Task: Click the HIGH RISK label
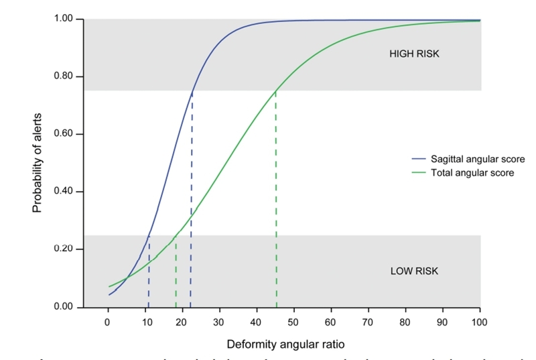pyautogui.click(x=414, y=54)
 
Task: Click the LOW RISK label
pyautogui.click(x=414, y=272)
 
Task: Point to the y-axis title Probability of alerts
pyautogui.click(x=38, y=162)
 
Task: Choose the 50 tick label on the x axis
pyautogui.click(x=293, y=322)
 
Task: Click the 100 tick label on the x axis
pyautogui.click(x=480, y=322)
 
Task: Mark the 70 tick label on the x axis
pyautogui.click(x=368, y=322)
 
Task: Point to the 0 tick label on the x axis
pyautogui.click(x=107, y=322)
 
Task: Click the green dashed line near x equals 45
pyautogui.click(x=276, y=201)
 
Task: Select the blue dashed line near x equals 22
pyautogui.click(x=192, y=201)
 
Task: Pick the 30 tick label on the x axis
pyautogui.click(x=219, y=322)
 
